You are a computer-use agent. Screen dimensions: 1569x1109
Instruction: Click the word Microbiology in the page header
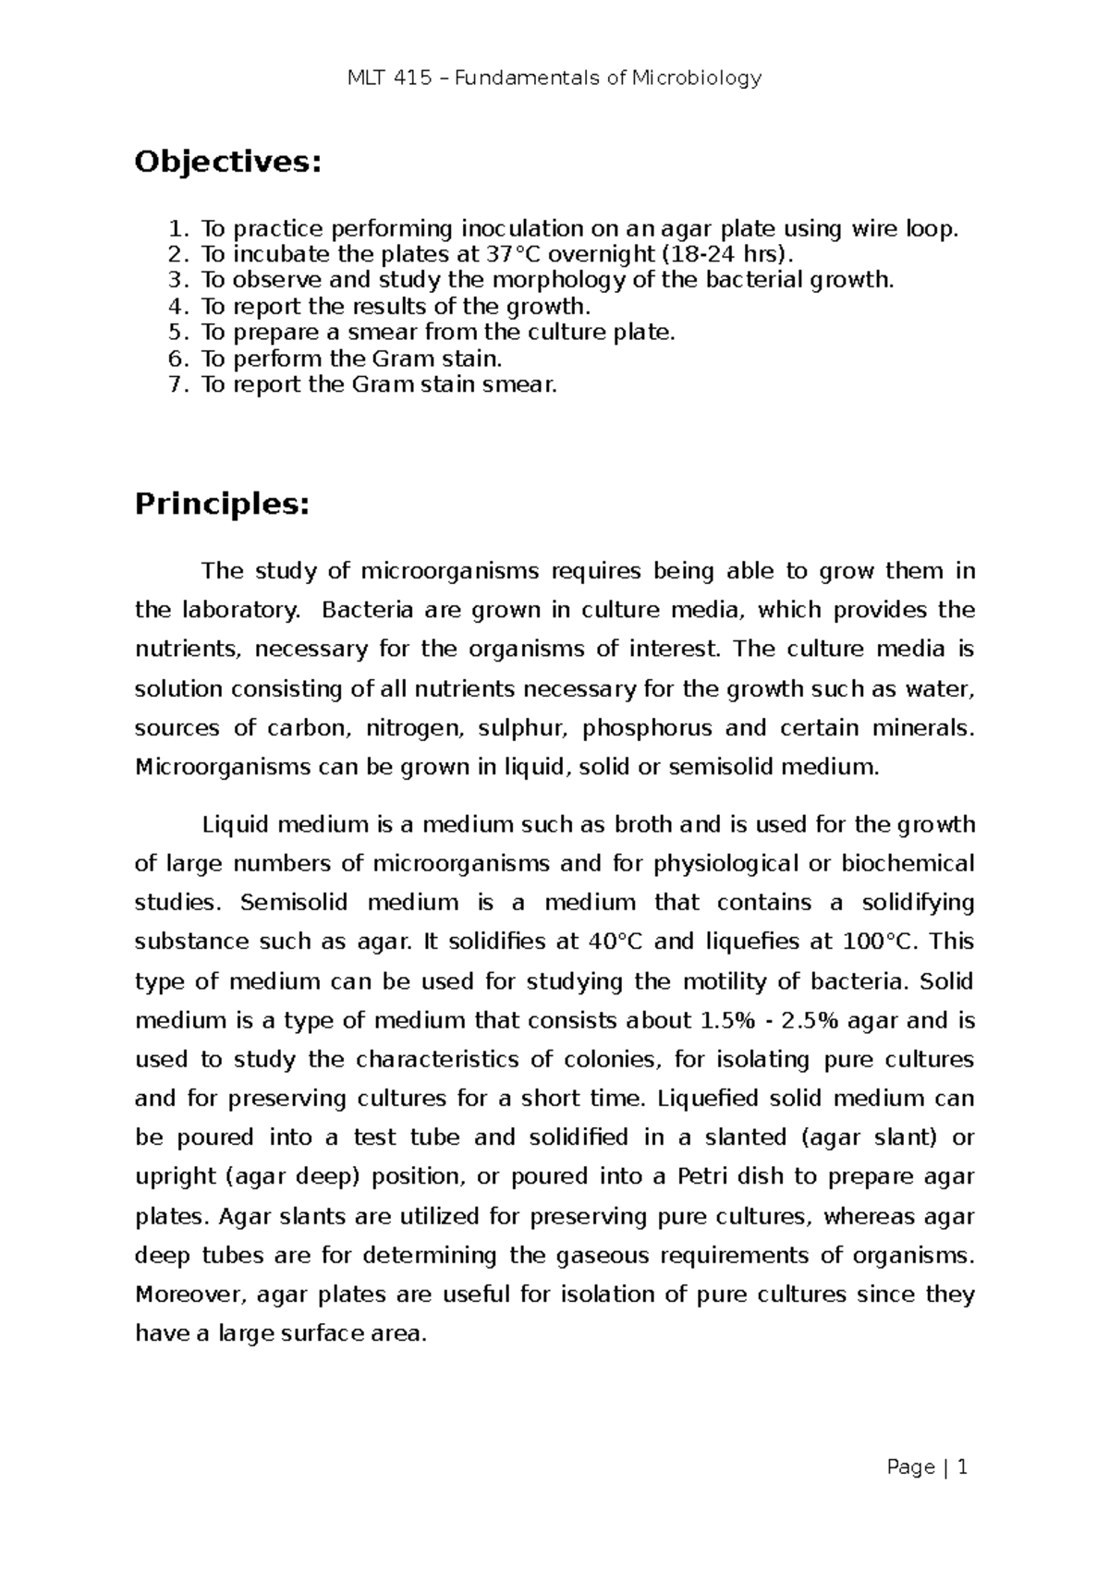(697, 78)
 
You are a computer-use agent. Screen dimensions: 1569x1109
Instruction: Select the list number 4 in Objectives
(178, 307)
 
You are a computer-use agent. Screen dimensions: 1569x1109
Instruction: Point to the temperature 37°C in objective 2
(514, 254)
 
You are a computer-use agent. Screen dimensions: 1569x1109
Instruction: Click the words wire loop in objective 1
(902, 228)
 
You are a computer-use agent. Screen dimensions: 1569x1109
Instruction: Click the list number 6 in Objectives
(178, 359)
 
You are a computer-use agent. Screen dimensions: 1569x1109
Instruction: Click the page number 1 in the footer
(962, 1467)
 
